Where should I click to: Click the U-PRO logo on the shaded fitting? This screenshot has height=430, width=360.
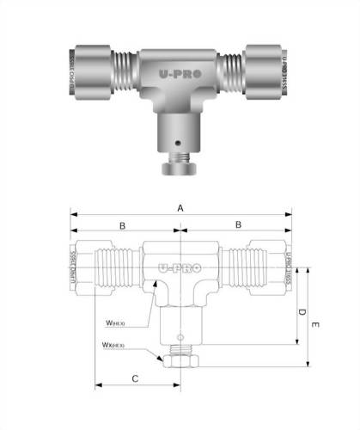pyautogui.click(x=180, y=75)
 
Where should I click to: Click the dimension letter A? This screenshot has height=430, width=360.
pyautogui.click(x=180, y=208)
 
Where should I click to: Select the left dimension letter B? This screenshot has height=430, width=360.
pyautogui.click(x=123, y=225)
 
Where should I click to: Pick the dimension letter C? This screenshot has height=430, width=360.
pyautogui.click(x=135, y=378)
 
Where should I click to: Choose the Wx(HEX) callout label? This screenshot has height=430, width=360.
pyautogui.click(x=113, y=347)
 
